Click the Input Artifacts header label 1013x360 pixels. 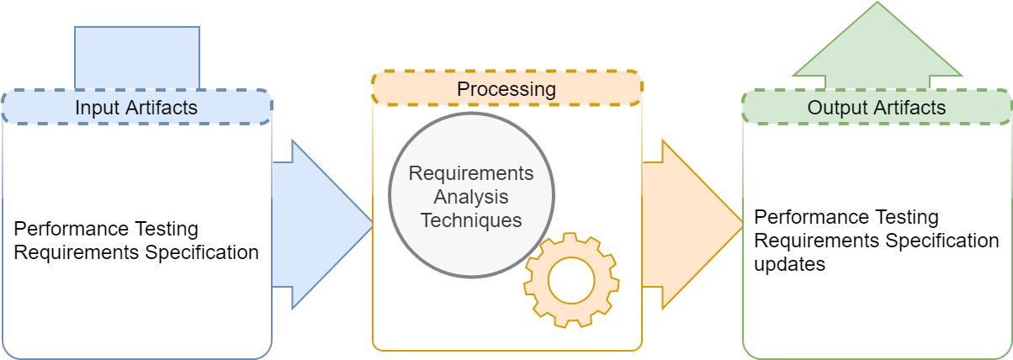click(x=136, y=108)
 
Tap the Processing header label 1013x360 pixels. click(x=506, y=89)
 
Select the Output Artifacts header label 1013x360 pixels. click(x=877, y=108)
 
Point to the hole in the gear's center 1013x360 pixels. click(x=571, y=280)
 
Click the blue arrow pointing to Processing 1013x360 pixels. click(x=322, y=225)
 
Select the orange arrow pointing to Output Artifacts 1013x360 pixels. click(x=692, y=225)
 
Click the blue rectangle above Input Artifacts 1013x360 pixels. click(x=137, y=58)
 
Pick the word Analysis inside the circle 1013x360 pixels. click(x=471, y=197)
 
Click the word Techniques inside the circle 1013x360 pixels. click(x=471, y=220)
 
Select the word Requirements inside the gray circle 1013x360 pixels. click(x=471, y=173)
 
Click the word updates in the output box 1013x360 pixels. click(x=789, y=264)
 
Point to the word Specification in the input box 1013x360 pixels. click(x=202, y=252)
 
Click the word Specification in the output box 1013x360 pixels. click(x=942, y=241)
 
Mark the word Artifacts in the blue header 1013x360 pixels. click(x=162, y=108)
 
